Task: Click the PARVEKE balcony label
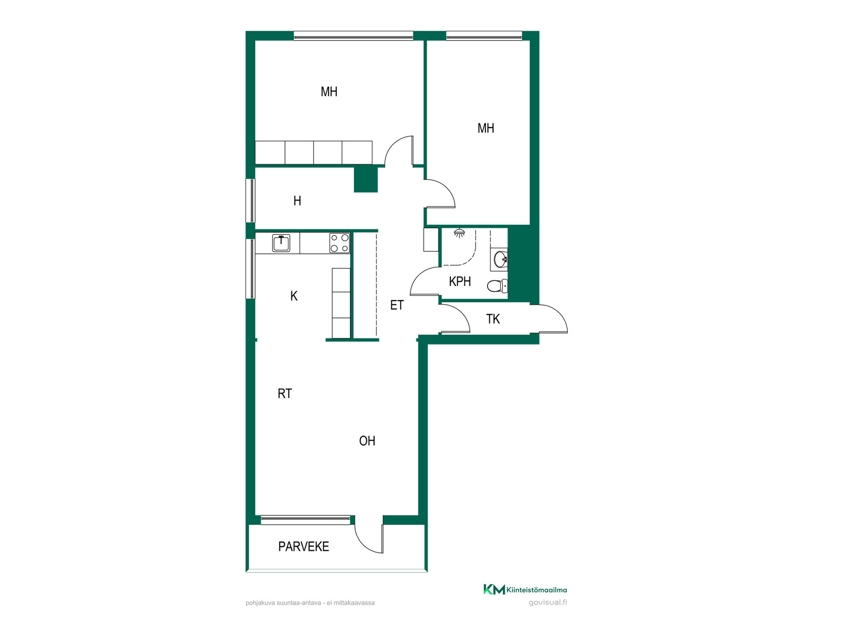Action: click(x=304, y=547)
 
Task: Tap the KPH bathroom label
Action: click(x=460, y=282)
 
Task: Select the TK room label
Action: click(x=493, y=319)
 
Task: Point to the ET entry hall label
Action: click(x=397, y=305)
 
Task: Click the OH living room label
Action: click(x=367, y=441)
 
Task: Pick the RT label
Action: click(x=285, y=394)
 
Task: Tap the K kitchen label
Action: click(x=294, y=296)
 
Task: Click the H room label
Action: click(x=297, y=201)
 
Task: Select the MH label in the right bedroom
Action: click(x=486, y=128)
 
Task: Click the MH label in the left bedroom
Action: click(x=329, y=92)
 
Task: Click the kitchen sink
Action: click(x=281, y=243)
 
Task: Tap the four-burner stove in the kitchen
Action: click(x=339, y=243)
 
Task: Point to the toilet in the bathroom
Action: click(x=497, y=286)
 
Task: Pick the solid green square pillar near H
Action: click(x=366, y=180)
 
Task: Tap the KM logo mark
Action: click(x=494, y=589)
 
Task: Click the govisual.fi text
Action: click(x=548, y=603)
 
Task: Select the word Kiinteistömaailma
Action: click(x=537, y=590)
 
